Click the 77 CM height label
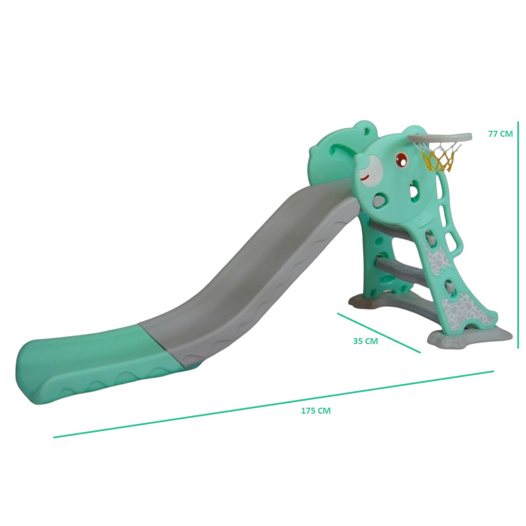click(x=500, y=134)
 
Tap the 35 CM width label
click(x=365, y=341)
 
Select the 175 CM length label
click(x=316, y=411)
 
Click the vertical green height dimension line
click(x=518, y=235)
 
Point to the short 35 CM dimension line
click(x=379, y=333)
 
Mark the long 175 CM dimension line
click(x=274, y=404)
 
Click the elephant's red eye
click(x=402, y=160)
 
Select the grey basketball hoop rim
click(x=440, y=138)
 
